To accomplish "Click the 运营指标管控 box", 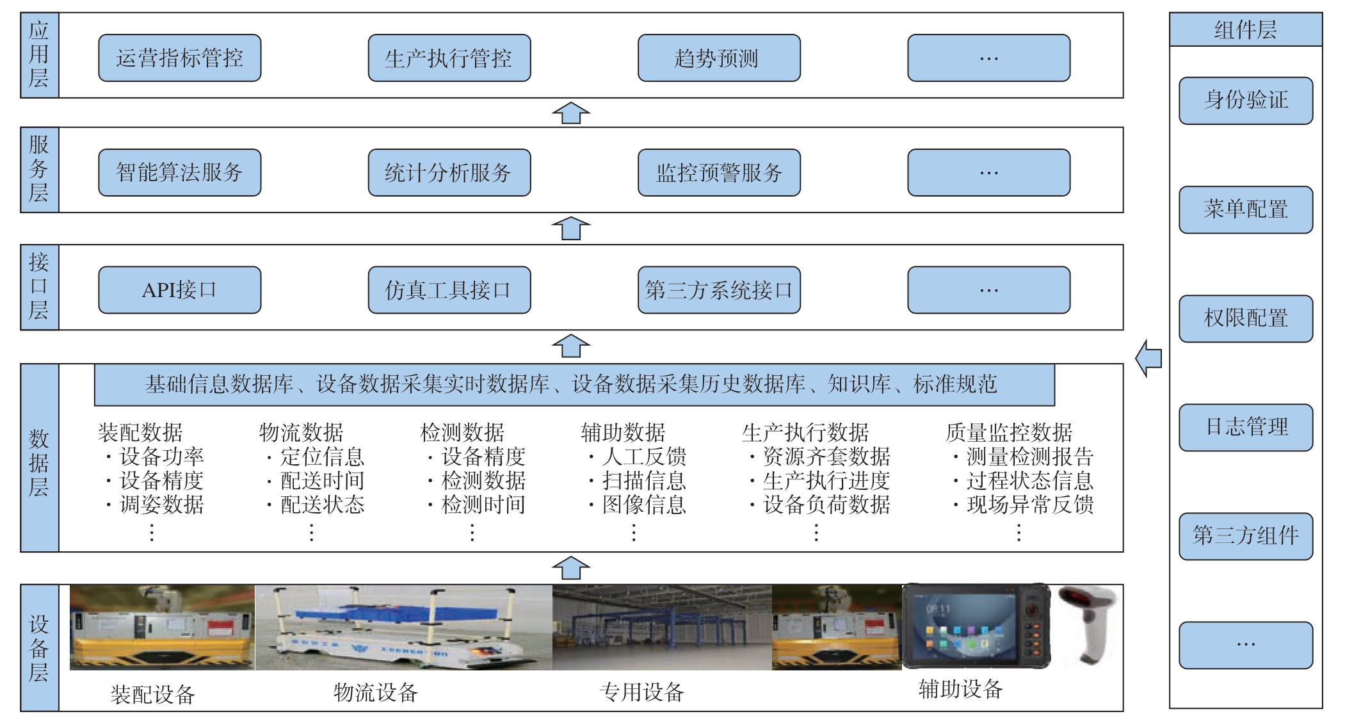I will pyautogui.click(x=179, y=58).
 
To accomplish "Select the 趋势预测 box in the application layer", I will pyautogui.click(x=718, y=58).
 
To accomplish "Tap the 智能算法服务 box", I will pyautogui.click(x=179, y=173).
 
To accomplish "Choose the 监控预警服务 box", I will pyautogui.click(x=718, y=173).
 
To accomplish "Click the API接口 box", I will pyautogui.click(x=179, y=290).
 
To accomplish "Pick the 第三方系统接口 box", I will pyautogui.click(x=718, y=290).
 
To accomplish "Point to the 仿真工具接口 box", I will pyautogui.click(x=449, y=290).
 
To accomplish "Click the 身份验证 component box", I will pyautogui.click(x=1245, y=101).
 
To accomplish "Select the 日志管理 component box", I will pyautogui.click(x=1245, y=427).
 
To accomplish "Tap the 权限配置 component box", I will pyautogui.click(x=1245, y=318).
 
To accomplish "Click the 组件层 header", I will pyautogui.click(x=1245, y=29).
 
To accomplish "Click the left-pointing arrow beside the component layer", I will pyautogui.click(x=1149, y=358).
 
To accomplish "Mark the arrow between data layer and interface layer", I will pyautogui.click(x=570, y=346).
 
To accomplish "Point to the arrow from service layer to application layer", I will pyautogui.click(x=570, y=113).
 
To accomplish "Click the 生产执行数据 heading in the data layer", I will pyautogui.click(x=805, y=433).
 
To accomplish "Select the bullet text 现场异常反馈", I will pyautogui.click(x=1029, y=505).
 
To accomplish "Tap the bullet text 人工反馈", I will pyautogui.click(x=643, y=457).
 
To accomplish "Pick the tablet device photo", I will pyautogui.click(x=975, y=626).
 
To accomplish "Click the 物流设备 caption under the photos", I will pyautogui.click(x=375, y=692).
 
